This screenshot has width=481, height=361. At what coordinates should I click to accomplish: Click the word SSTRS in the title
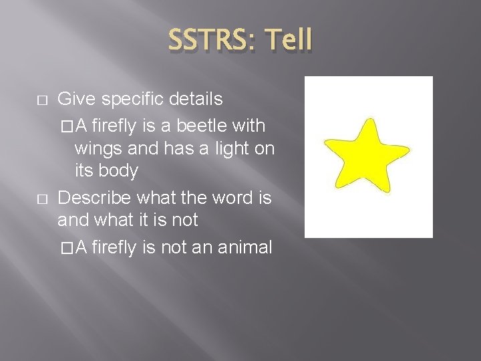click(207, 40)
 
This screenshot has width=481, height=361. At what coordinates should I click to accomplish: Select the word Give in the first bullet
click(74, 100)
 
